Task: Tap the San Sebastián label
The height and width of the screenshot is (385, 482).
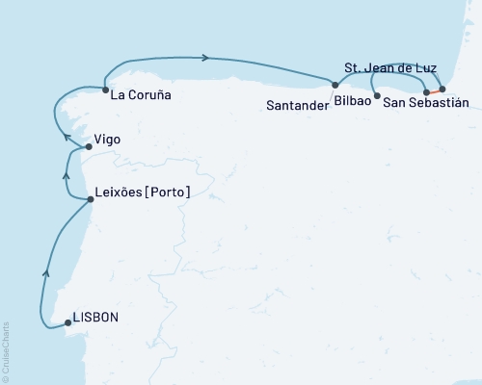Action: click(x=425, y=102)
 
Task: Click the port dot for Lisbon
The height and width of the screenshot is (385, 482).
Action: click(x=67, y=323)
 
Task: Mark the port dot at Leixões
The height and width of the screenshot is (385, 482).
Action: click(x=91, y=199)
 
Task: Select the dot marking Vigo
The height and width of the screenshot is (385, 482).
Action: click(x=89, y=147)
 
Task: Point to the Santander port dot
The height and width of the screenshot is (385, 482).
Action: click(x=335, y=86)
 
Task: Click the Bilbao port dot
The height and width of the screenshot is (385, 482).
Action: click(x=376, y=96)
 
